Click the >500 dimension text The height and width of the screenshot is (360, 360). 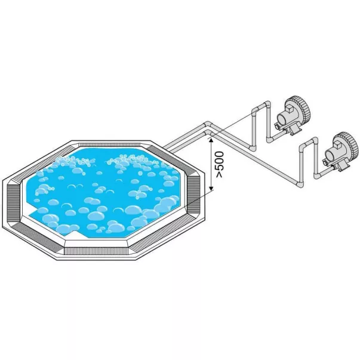pos(220,164)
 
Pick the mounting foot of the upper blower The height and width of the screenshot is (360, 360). pos(294,130)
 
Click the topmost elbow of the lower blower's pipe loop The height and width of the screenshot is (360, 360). pos(315,141)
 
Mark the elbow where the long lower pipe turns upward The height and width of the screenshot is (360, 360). pos(300,184)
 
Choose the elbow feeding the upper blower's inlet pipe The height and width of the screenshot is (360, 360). pos(269,139)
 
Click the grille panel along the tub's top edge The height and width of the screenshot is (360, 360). pos(109,144)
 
